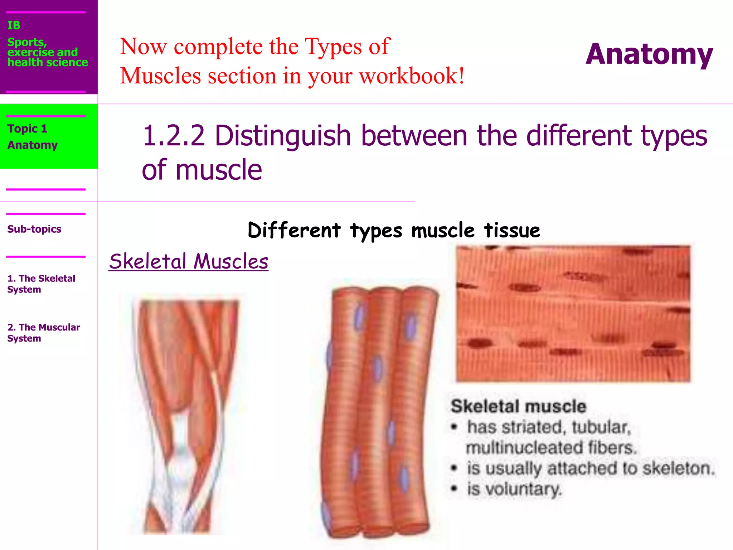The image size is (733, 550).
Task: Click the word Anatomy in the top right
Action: coord(649,54)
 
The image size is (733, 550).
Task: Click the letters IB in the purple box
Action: coord(14,25)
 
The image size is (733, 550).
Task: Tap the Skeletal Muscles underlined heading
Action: coord(189,261)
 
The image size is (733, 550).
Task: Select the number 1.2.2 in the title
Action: coord(174,136)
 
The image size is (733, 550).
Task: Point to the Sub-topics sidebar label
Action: coord(34,229)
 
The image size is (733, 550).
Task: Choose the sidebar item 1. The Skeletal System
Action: coord(41,284)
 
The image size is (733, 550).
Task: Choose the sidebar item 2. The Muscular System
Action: coord(43,333)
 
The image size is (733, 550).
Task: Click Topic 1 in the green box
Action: coord(27,129)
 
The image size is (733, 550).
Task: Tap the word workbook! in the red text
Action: coord(412,76)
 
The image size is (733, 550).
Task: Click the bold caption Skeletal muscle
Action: coord(518,406)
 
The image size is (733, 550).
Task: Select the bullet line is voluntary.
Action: coord(514,489)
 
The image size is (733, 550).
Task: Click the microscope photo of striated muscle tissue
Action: coord(573,313)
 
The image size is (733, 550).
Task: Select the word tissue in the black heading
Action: coord(512,230)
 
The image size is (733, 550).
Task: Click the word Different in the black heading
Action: coord(294,230)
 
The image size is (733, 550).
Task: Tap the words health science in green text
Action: coord(48,63)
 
